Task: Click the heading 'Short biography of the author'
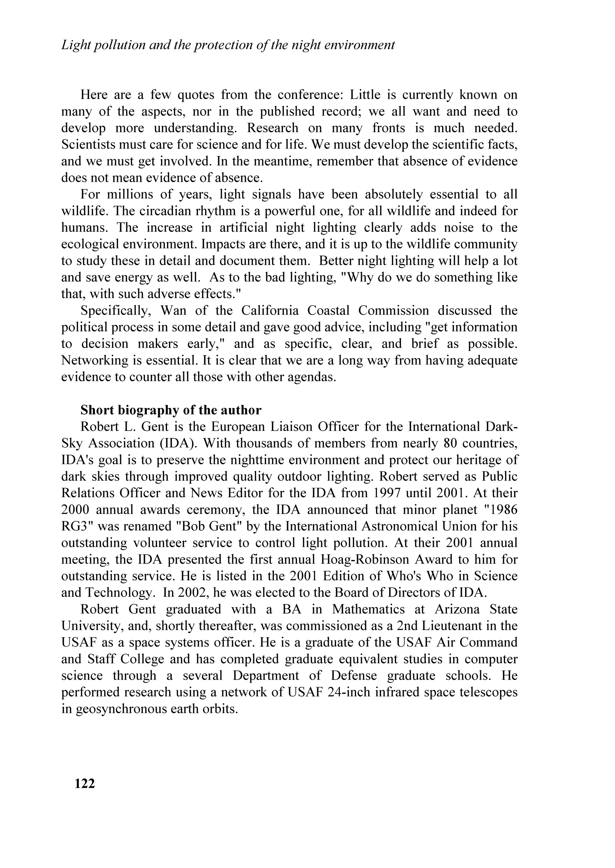(x=171, y=410)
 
